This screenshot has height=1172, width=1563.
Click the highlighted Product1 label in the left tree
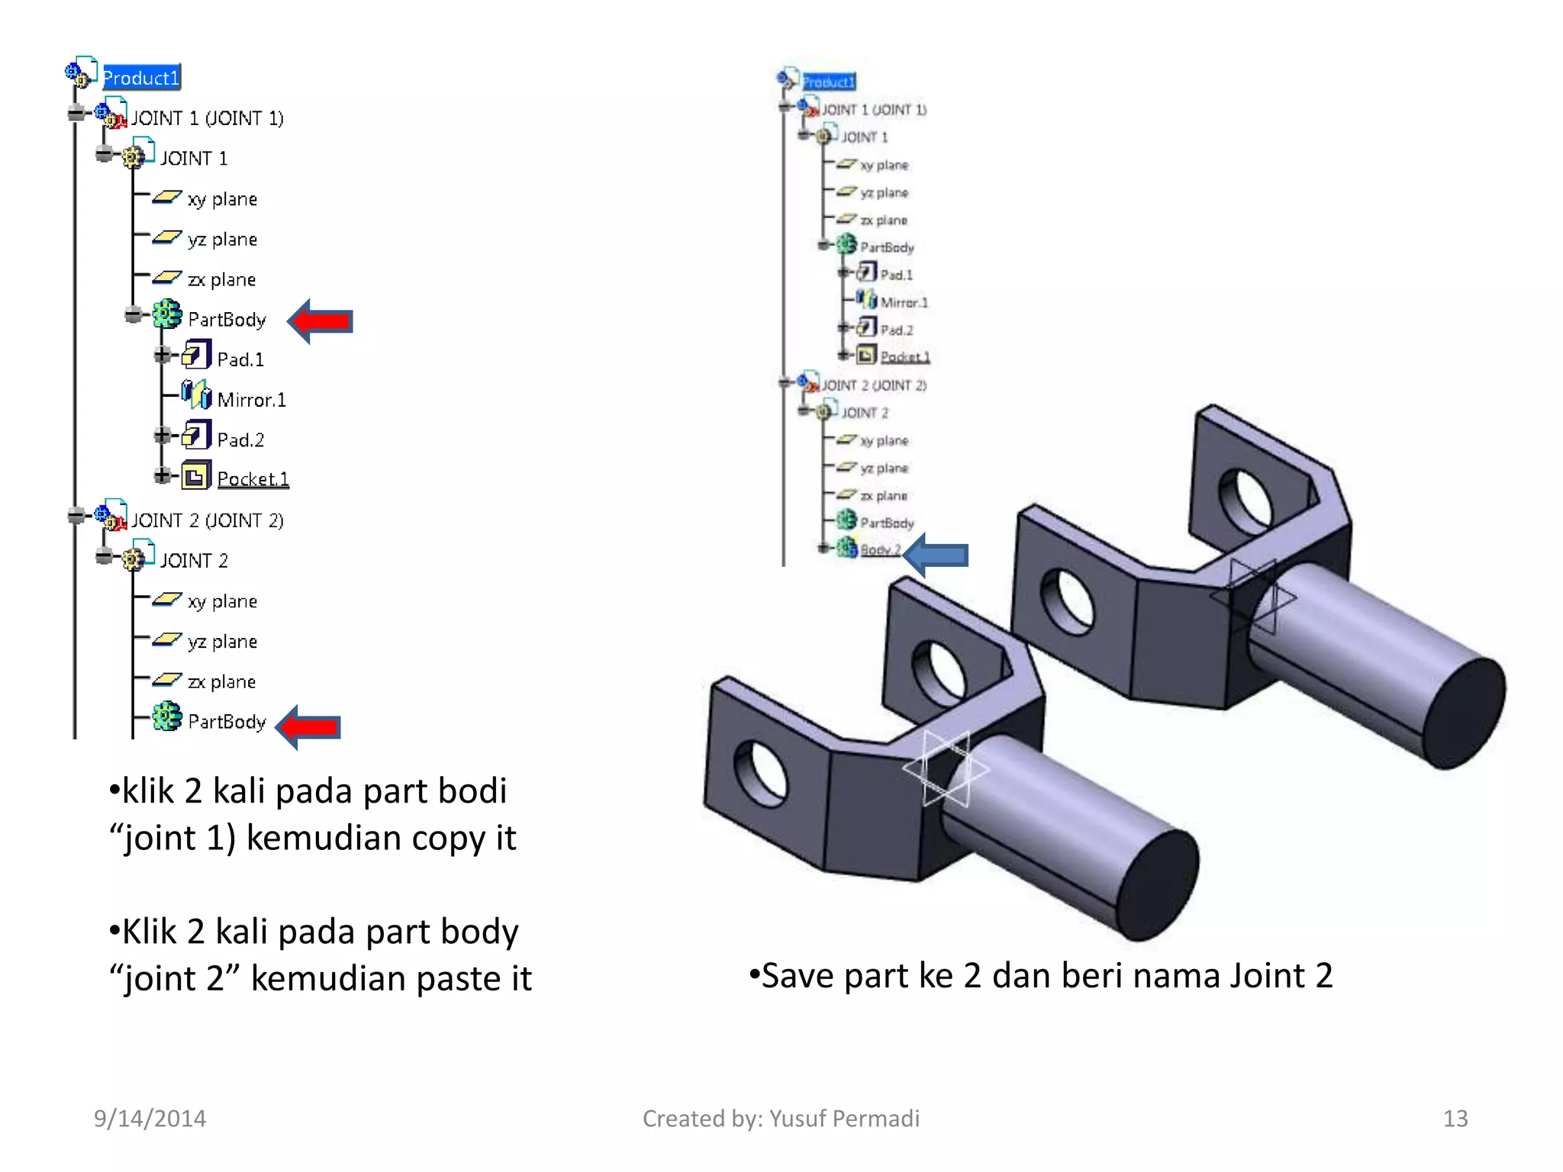coord(141,78)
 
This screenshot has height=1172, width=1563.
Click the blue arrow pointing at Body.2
coord(936,555)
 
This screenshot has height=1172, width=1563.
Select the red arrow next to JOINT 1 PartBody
coord(321,321)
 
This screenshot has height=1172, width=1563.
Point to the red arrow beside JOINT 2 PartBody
coord(309,726)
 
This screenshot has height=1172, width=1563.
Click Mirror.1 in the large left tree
coord(251,400)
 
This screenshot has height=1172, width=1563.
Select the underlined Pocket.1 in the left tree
coord(253,479)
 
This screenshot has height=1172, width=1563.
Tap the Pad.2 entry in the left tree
coord(240,440)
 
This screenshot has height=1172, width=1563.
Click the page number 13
coord(1455,1119)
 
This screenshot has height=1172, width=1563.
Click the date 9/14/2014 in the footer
coord(150,1119)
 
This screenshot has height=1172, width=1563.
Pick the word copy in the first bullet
coord(449,839)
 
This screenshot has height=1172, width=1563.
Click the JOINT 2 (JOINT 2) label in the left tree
coord(207,520)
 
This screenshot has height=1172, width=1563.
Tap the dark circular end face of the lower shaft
coord(1158,885)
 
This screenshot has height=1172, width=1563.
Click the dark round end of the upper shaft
coord(1463,713)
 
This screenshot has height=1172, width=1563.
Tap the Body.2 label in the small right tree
coord(880,550)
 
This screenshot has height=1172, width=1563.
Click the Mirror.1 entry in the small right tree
coord(904,303)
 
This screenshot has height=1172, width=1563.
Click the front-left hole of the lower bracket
coord(761,773)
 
